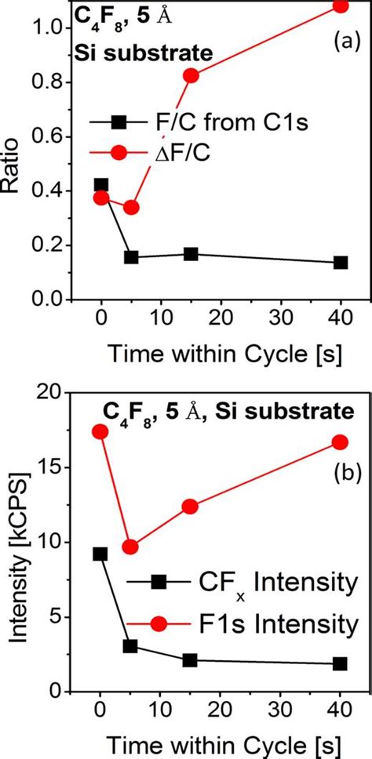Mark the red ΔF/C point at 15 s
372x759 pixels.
(191, 75)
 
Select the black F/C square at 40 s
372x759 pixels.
(340, 262)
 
